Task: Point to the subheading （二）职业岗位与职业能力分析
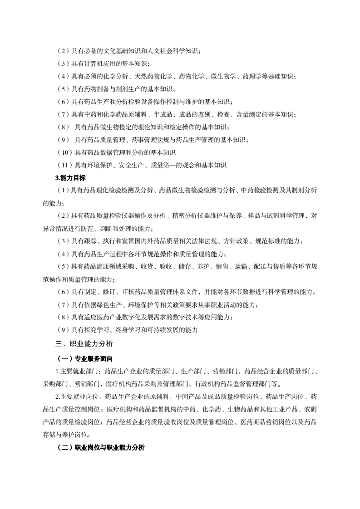pyautogui.click(x=101, y=448)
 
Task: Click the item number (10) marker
pyautogui.click(x=65, y=152)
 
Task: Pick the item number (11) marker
pyautogui.click(x=65, y=165)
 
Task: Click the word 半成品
pyautogui.click(x=171, y=114)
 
